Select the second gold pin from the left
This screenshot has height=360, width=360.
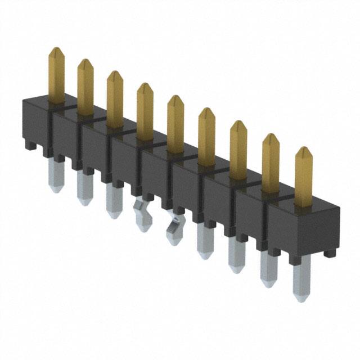pos(85,87)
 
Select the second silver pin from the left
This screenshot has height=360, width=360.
pos(84,188)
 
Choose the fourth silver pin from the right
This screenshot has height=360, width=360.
pos(205,240)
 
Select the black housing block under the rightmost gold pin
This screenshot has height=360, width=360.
pos(304,228)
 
